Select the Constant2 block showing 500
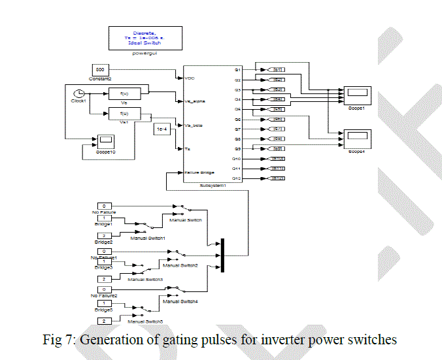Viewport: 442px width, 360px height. point(100,70)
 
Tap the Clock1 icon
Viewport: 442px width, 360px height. point(78,93)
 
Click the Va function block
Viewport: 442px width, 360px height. point(124,95)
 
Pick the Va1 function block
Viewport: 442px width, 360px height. point(124,115)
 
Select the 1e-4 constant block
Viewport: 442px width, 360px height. point(163,131)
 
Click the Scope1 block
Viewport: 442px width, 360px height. point(358,93)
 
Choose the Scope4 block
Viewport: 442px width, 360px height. point(357,135)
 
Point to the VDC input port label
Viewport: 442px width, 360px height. point(191,78)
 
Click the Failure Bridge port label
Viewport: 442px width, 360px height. point(199,172)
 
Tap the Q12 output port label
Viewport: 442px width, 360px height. point(237,178)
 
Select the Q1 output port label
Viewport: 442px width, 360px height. point(238,69)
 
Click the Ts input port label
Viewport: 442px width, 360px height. point(188,148)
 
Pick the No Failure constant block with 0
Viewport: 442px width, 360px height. point(104,206)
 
